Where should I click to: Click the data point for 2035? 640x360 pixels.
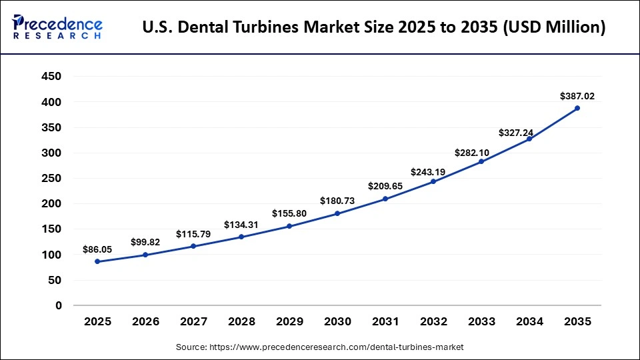tap(577, 108)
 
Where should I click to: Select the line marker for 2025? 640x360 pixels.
tap(97, 261)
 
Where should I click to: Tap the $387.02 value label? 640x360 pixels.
tap(577, 96)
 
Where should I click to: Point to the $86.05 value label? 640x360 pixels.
tap(97, 249)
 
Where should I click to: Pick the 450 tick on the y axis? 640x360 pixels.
tap(51, 77)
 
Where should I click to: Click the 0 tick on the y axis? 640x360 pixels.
tap(58, 305)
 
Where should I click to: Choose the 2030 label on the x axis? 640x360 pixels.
tap(337, 321)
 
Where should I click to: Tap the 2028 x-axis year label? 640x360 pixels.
tap(241, 321)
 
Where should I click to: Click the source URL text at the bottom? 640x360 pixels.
tap(319, 347)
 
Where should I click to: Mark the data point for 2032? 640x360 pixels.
tap(433, 181)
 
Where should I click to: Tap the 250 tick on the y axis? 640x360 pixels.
tap(51, 178)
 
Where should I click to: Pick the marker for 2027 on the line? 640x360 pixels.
tap(193, 246)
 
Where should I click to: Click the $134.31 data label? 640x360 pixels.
tap(241, 225)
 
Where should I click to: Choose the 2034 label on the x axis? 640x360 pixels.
tap(529, 321)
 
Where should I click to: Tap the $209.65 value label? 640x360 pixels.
tap(385, 187)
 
